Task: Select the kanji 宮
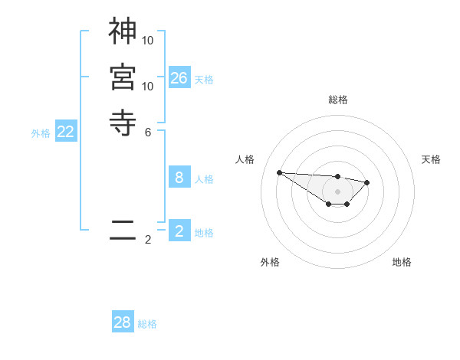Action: click(123, 77)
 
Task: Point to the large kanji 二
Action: click(123, 229)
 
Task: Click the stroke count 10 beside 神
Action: click(149, 39)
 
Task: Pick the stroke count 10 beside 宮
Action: click(149, 86)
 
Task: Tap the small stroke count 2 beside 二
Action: click(148, 240)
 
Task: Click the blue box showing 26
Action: click(179, 77)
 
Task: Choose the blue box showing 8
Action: click(179, 178)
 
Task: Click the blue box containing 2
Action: click(179, 231)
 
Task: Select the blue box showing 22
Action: click(66, 132)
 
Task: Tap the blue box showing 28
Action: click(123, 322)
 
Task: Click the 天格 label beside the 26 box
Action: click(204, 80)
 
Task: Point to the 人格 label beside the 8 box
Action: click(204, 179)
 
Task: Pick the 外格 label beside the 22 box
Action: click(41, 133)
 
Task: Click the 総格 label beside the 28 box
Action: click(147, 324)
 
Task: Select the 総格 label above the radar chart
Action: click(337, 100)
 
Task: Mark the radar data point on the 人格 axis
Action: click(280, 172)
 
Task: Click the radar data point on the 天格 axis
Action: click(367, 182)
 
